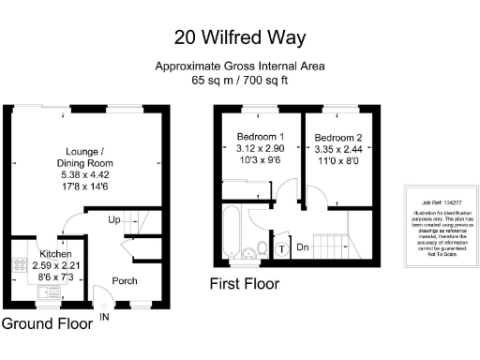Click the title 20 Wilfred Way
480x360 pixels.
240,37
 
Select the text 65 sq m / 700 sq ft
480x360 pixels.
240,81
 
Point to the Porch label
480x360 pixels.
126,280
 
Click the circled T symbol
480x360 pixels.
283,249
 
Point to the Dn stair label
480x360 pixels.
303,249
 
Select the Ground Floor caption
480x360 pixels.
47,324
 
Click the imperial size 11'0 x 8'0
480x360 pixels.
339,160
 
